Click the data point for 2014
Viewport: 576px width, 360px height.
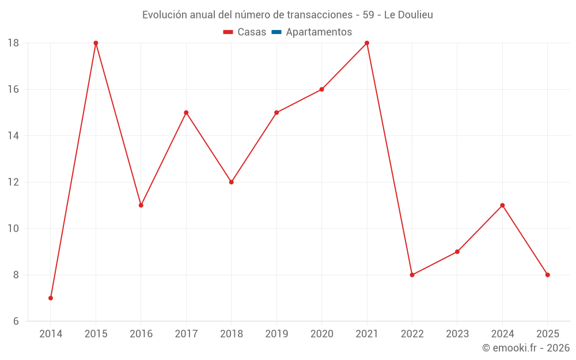click(51, 298)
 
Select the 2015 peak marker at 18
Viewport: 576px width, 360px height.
click(96, 43)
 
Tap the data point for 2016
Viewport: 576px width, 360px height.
click(141, 205)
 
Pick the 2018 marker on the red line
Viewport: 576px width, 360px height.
click(232, 182)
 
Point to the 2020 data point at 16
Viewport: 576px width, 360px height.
click(321, 89)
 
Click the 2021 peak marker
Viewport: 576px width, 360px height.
click(367, 43)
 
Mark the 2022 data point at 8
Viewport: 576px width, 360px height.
click(412, 275)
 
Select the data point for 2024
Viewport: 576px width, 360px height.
click(502, 205)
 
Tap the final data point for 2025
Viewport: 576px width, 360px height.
click(547, 275)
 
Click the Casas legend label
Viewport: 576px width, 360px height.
click(252, 32)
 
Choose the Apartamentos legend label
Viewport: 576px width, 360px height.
click(319, 32)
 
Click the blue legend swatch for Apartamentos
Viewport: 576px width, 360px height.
click(276, 32)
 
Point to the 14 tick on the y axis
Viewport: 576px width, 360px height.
click(13, 136)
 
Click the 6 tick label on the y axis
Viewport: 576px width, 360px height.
click(16, 321)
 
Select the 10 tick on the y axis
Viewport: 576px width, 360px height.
click(13, 229)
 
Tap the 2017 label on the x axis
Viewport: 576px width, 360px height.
click(186, 334)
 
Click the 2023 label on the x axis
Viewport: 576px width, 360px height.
click(457, 334)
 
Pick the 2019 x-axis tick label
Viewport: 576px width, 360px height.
click(276, 334)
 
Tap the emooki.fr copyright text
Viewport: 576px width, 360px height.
click(526, 348)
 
